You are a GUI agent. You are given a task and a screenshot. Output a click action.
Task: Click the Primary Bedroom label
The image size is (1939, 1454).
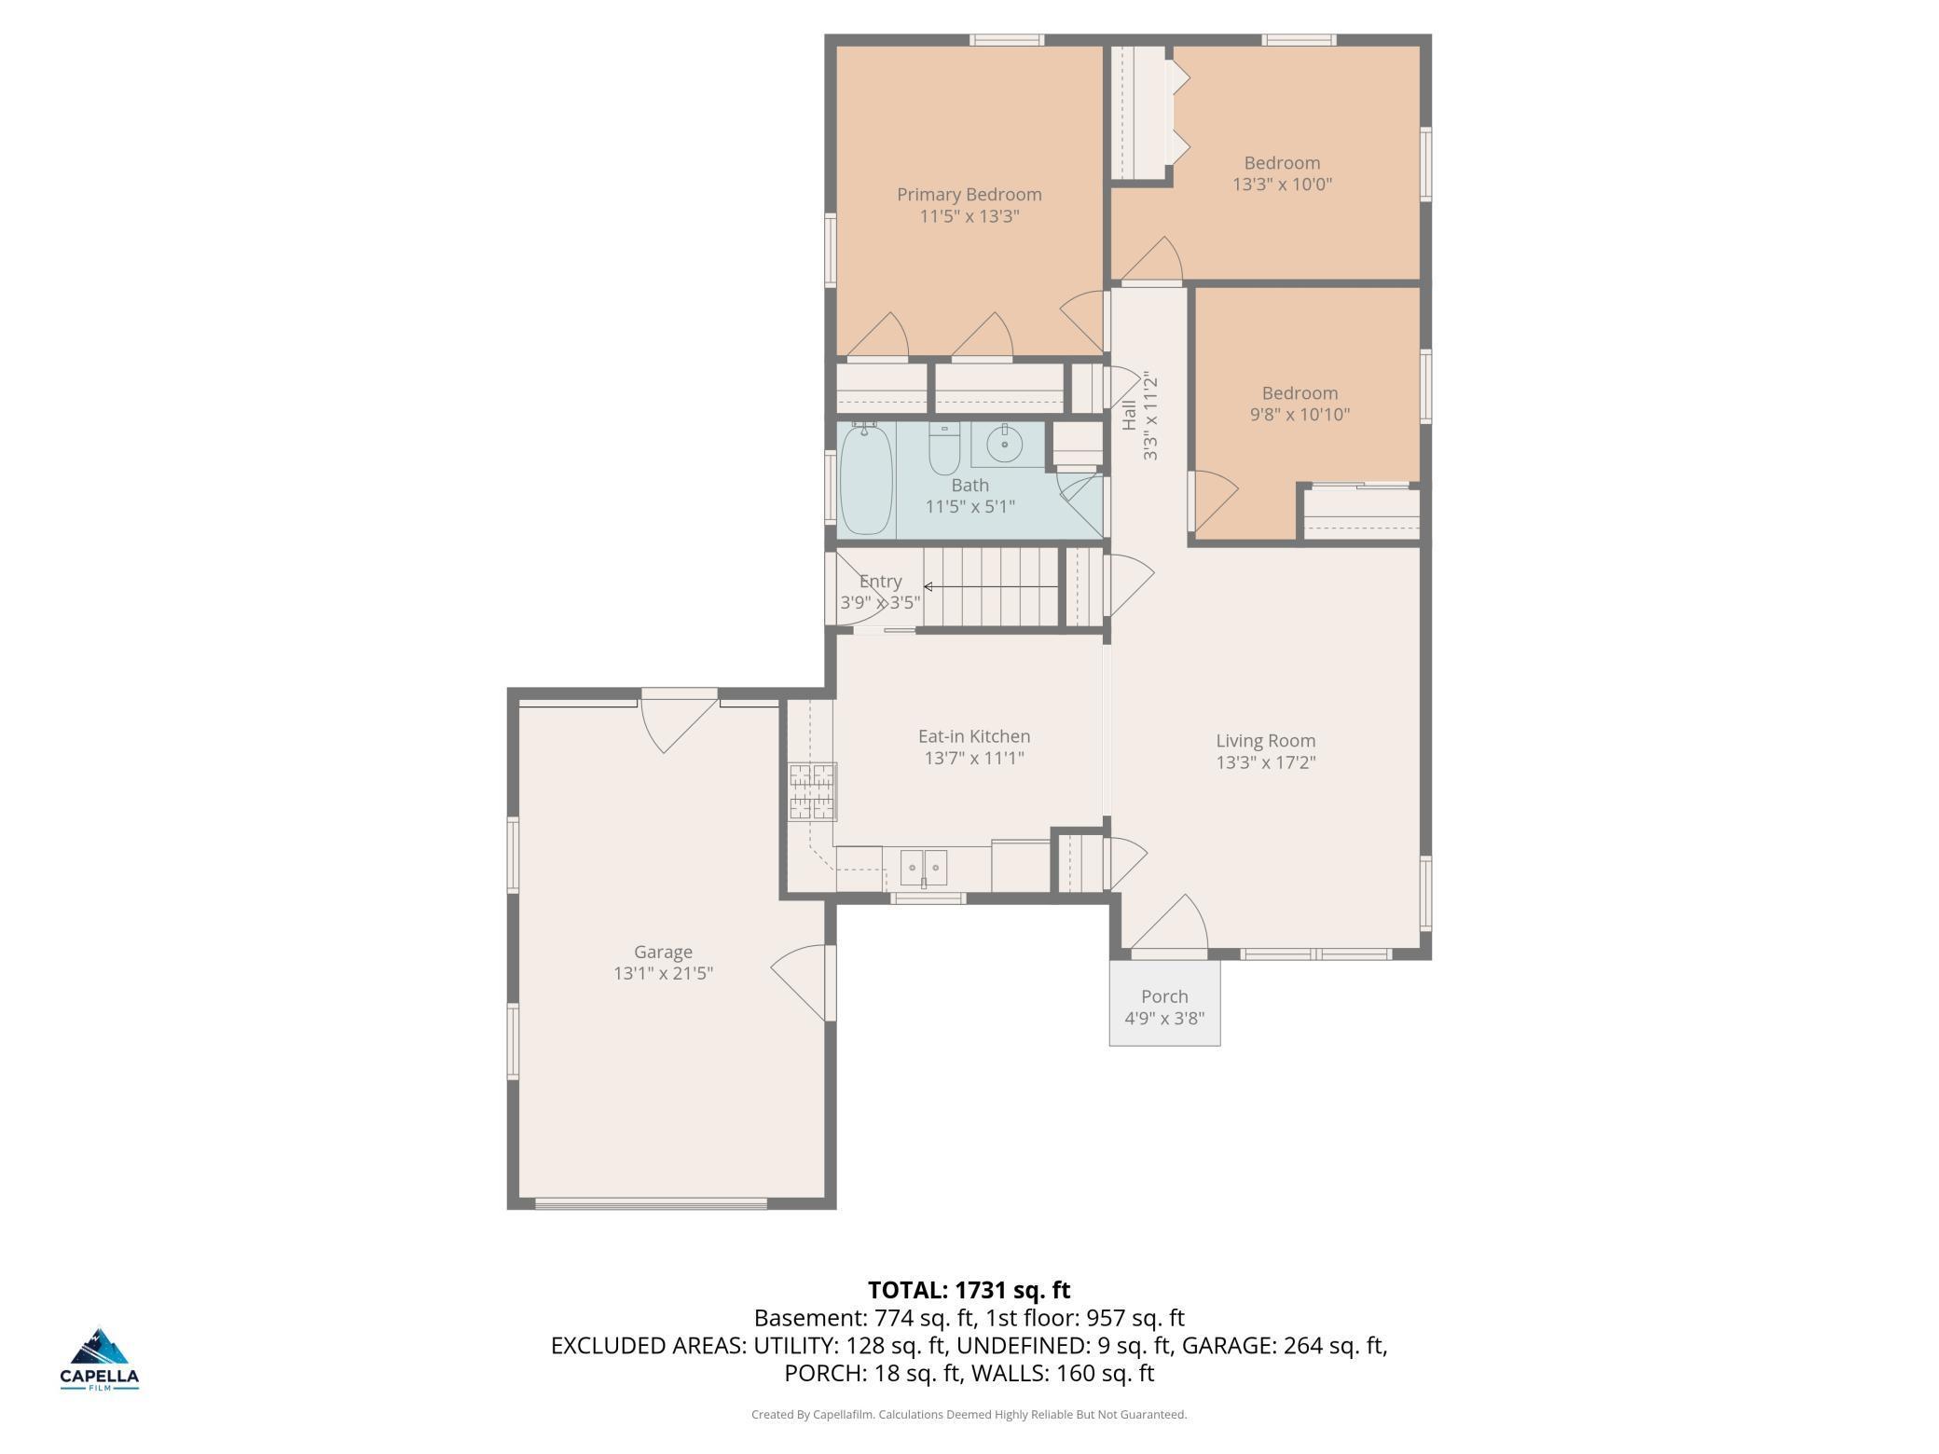(x=969, y=195)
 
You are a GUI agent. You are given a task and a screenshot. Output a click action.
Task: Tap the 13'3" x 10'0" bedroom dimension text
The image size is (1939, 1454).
(x=1282, y=185)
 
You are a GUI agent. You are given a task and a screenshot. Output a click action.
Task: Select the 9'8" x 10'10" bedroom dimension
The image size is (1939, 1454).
(x=1300, y=415)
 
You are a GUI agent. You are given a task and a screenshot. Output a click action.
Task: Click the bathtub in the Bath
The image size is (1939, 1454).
(x=866, y=480)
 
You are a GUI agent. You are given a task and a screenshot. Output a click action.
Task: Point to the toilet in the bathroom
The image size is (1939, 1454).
(x=944, y=448)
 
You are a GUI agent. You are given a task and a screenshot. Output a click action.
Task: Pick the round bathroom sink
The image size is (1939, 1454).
(x=1004, y=445)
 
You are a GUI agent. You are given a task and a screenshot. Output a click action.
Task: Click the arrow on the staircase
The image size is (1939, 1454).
(x=990, y=587)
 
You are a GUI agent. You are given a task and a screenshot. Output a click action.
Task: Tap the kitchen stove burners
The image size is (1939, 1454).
(x=812, y=791)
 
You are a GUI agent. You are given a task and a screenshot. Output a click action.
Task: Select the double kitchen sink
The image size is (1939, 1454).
(x=923, y=868)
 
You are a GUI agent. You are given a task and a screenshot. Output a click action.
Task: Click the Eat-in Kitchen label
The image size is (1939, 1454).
(x=974, y=736)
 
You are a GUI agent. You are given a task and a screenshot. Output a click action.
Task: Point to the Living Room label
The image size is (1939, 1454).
(x=1265, y=741)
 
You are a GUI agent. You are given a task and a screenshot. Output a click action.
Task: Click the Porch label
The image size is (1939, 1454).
(x=1164, y=996)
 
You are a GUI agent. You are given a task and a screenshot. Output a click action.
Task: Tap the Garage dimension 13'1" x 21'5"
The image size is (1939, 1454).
(x=663, y=974)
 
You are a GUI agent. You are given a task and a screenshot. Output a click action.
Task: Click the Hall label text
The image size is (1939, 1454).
(x=1129, y=415)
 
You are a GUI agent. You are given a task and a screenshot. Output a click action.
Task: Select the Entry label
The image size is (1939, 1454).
(x=880, y=582)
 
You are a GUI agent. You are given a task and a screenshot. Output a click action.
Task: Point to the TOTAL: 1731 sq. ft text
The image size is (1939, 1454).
(x=969, y=1290)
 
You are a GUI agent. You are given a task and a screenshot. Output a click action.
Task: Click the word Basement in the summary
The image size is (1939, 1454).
(x=807, y=1318)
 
